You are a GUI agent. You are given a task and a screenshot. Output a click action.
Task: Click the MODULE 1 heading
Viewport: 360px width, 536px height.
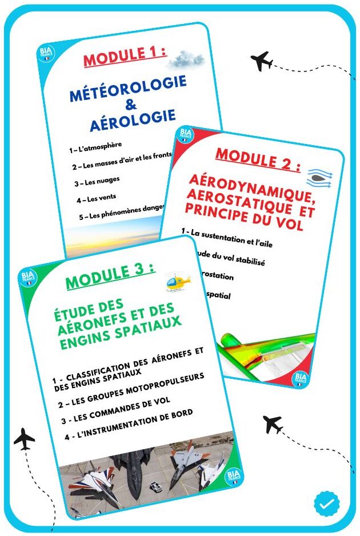coord(125,58)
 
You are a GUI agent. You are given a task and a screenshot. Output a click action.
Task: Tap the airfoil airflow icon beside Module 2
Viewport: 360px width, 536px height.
coord(319,177)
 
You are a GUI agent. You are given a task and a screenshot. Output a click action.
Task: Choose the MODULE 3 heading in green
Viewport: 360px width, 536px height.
coord(110,278)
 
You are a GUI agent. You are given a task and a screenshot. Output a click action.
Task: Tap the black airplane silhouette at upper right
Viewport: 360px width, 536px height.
coord(262,60)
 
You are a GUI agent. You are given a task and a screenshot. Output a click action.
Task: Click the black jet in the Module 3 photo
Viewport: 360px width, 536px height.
coord(134,469)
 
